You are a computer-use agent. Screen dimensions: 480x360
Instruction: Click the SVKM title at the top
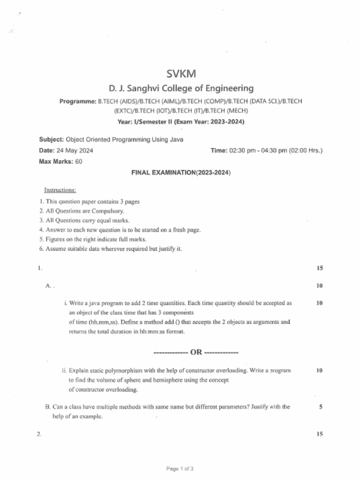(181, 74)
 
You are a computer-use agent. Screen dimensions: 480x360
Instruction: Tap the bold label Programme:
(78, 101)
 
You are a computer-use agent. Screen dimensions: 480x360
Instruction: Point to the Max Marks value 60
(79, 161)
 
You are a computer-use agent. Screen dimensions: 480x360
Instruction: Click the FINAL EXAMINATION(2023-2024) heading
(181, 172)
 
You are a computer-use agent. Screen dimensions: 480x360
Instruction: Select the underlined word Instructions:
(60, 190)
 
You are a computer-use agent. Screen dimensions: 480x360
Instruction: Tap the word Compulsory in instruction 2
(108, 211)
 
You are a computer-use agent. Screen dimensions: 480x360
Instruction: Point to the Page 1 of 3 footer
(180, 468)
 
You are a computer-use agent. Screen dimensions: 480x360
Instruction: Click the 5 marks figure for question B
(321, 407)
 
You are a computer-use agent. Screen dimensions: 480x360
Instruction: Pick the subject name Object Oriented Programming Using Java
(125, 139)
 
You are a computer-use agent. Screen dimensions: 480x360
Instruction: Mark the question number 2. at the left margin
(39, 434)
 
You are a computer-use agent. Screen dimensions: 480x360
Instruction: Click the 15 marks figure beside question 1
(320, 268)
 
